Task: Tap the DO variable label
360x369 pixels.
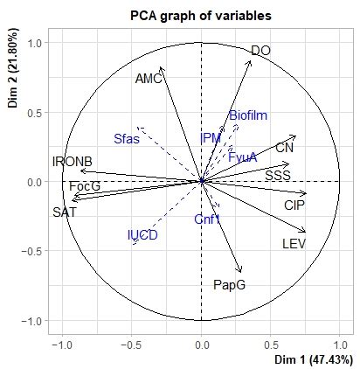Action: [x=260, y=52]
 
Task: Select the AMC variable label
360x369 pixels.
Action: [x=149, y=79]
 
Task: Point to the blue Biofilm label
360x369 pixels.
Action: [x=248, y=115]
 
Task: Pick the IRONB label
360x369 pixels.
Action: [x=73, y=162]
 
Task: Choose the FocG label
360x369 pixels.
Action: [x=85, y=186]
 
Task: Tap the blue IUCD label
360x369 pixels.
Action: [x=142, y=234]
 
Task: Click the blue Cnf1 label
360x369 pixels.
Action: [x=206, y=219]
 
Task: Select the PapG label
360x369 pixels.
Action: [x=229, y=284]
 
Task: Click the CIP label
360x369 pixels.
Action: [x=294, y=205]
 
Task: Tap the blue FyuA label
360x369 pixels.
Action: [x=242, y=157]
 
